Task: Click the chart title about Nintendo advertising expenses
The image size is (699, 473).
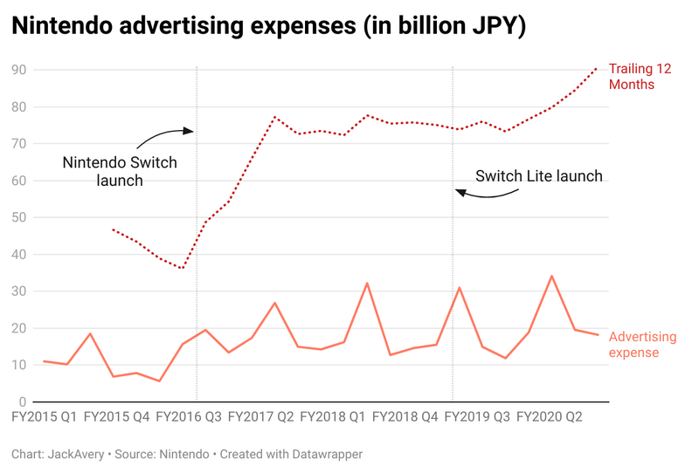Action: [268, 26]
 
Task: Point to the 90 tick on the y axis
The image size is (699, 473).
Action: [18, 70]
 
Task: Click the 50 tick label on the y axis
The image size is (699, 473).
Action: [18, 217]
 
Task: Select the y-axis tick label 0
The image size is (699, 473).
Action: [22, 401]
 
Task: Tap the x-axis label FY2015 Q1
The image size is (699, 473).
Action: [46, 417]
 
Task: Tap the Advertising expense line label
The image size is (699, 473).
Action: [642, 344]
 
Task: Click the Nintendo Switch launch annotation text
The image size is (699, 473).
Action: [120, 171]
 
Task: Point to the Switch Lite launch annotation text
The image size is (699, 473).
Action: [538, 176]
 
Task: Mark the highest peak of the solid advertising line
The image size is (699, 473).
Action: [551, 276]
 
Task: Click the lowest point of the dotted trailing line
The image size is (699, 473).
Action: [181, 268]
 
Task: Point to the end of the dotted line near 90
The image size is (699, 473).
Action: [597, 67]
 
